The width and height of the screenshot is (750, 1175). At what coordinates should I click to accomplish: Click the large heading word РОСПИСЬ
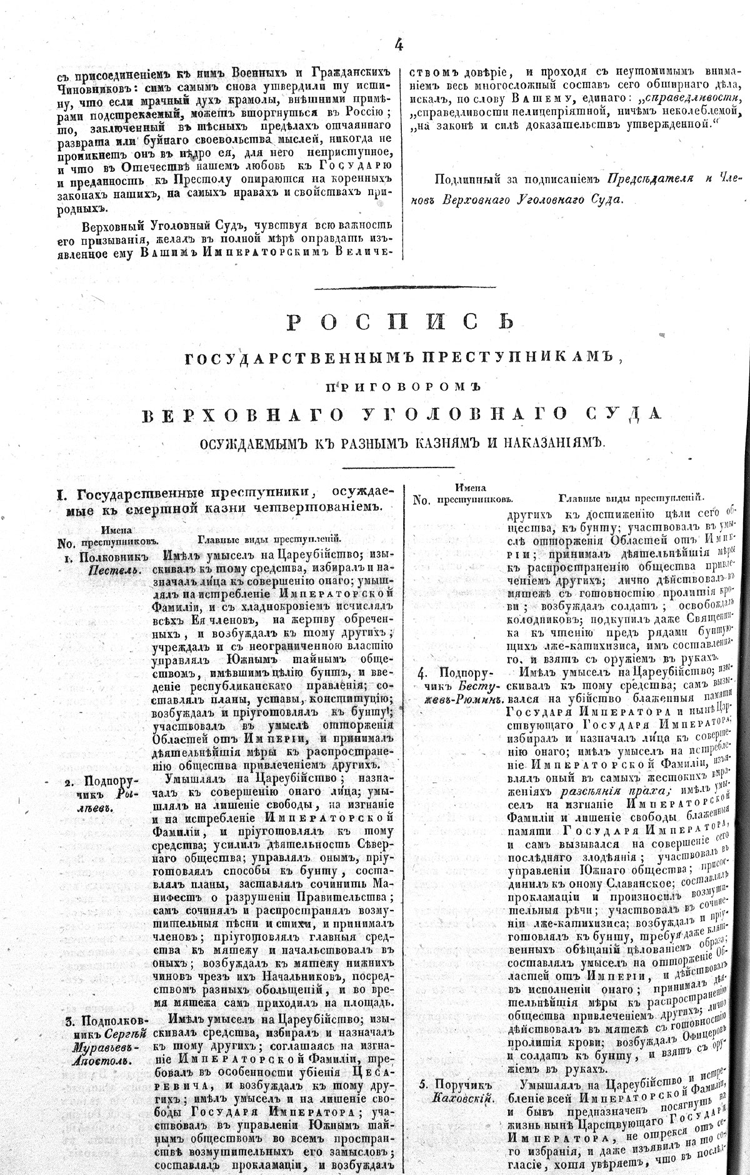coord(401,321)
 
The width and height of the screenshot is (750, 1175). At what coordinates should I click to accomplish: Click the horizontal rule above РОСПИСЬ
coord(400,287)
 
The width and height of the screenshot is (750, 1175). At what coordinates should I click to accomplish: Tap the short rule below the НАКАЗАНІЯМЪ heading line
coord(400,466)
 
